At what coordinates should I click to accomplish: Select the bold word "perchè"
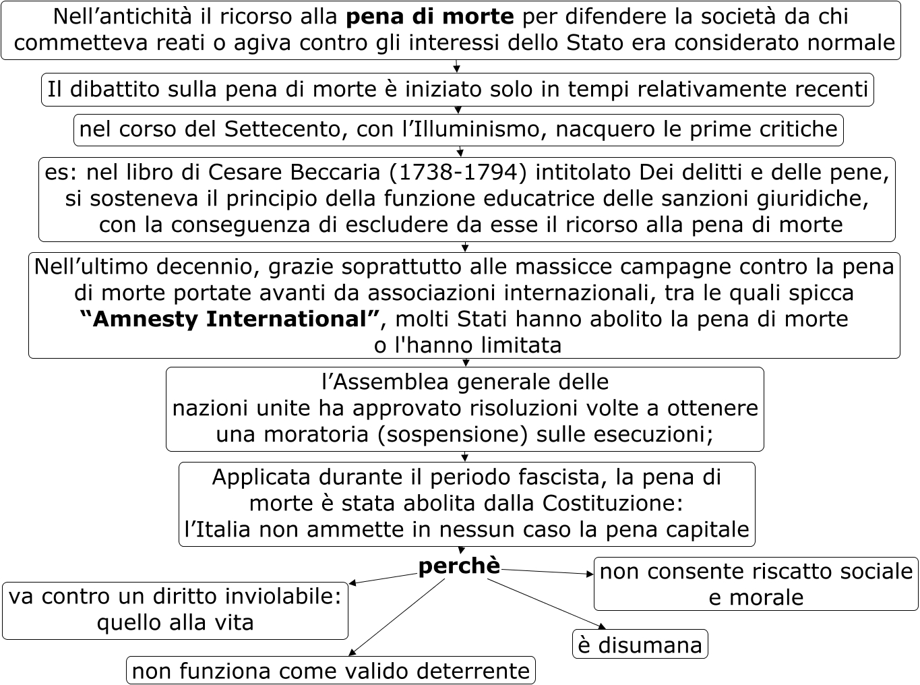tap(459, 566)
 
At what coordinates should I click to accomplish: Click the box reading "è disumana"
tap(640, 645)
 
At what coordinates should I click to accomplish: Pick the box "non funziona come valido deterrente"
tap(330, 671)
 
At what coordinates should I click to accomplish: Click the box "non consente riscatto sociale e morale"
tap(755, 584)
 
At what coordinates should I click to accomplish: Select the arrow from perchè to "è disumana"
tap(546, 604)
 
